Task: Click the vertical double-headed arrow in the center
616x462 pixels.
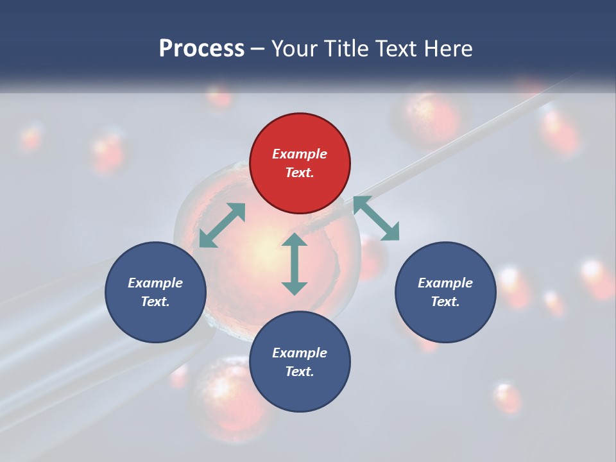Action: [x=295, y=264]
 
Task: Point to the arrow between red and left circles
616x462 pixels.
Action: [x=222, y=225]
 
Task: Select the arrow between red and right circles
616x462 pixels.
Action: [x=376, y=218]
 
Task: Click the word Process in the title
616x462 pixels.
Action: [x=201, y=48]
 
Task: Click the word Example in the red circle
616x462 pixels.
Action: [x=300, y=154]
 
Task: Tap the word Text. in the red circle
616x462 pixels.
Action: [x=300, y=173]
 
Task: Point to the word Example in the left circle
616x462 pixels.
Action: [x=155, y=283]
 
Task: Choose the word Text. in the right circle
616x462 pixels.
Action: [x=445, y=302]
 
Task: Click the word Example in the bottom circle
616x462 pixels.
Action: [x=300, y=353]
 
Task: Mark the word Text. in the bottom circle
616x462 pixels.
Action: [x=300, y=372]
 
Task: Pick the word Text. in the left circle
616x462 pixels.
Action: [x=155, y=302]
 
